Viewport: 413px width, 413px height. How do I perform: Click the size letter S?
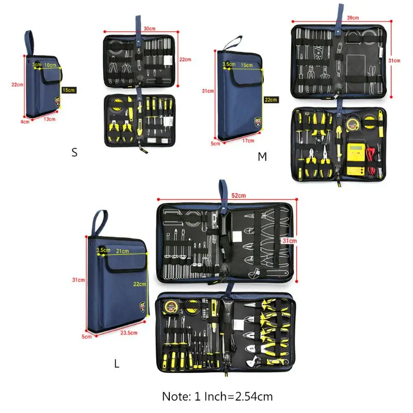pyautogui.click(x=74, y=153)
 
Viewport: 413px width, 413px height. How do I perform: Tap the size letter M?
pyautogui.click(x=263, y=156)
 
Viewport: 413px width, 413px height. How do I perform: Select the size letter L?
pyautogui.click(x=117, y=363)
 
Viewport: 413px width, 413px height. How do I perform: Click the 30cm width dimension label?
pyautogui.click(x=150, y=29)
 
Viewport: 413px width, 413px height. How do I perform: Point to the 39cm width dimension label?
pyautogui.click(x=353, y=18)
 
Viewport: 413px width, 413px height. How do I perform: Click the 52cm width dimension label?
pyautogui.click(x=239, y=195)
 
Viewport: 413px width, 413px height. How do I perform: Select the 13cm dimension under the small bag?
pyautogui.click(x=50, y=119)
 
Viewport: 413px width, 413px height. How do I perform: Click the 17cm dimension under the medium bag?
pyautogui.click(x=247, y=140)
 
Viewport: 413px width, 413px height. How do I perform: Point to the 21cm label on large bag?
pyautogui.click(x=122, y=251)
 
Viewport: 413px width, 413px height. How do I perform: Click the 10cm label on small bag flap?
pyautogui.click(x=50, y=65)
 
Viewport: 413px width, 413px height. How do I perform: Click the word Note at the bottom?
pyautogui.click(x=177, y=396)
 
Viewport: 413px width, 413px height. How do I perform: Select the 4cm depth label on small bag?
pyautogui.click(x=25, y=122)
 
